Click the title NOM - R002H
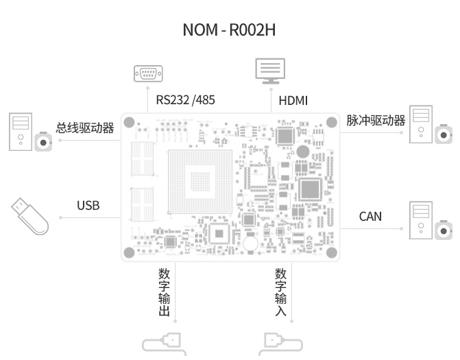pos(229,29)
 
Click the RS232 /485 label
pos(185,100)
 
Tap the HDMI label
pos(293,101)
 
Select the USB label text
pos(88,206)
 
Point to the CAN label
pos(370,217)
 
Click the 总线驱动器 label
pos(85,128)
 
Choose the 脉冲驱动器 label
pos(376,120)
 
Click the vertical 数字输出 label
pos(165,292)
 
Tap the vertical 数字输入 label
pos(281,292)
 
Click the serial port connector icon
pos(148,73)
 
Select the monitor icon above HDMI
pos(270,71)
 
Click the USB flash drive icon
pos(30,216)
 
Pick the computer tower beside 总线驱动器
pos(21,132)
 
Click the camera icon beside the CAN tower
pos(444,230)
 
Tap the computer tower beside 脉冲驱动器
pos(421,124)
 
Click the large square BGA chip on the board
pos(200,182)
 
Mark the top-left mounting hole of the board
pos(129,122)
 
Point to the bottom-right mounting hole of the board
pos(332,252)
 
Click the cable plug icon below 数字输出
pos(165,344)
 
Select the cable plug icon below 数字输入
pos(280,344)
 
